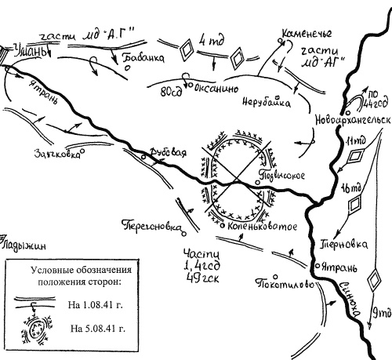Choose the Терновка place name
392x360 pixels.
343,244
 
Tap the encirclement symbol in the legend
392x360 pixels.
35,328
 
